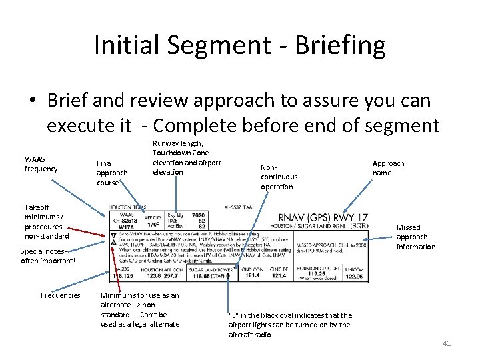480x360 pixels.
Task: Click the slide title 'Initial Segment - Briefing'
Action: coord(240,45)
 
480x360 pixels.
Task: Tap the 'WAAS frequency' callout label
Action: coord(41,164)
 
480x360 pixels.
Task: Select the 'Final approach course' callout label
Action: coord(112,172)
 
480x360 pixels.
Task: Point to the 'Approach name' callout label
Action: coord(388,168)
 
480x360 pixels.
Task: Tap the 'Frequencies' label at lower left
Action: coord(60,295)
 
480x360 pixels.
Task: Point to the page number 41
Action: coord(447,343)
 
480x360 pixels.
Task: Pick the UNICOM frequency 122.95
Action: coord(355,275)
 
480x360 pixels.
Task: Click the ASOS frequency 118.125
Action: coord(120,275)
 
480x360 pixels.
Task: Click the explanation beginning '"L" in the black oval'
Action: coord(290,325)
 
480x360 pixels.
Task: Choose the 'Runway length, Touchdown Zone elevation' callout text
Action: coord(187,157)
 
